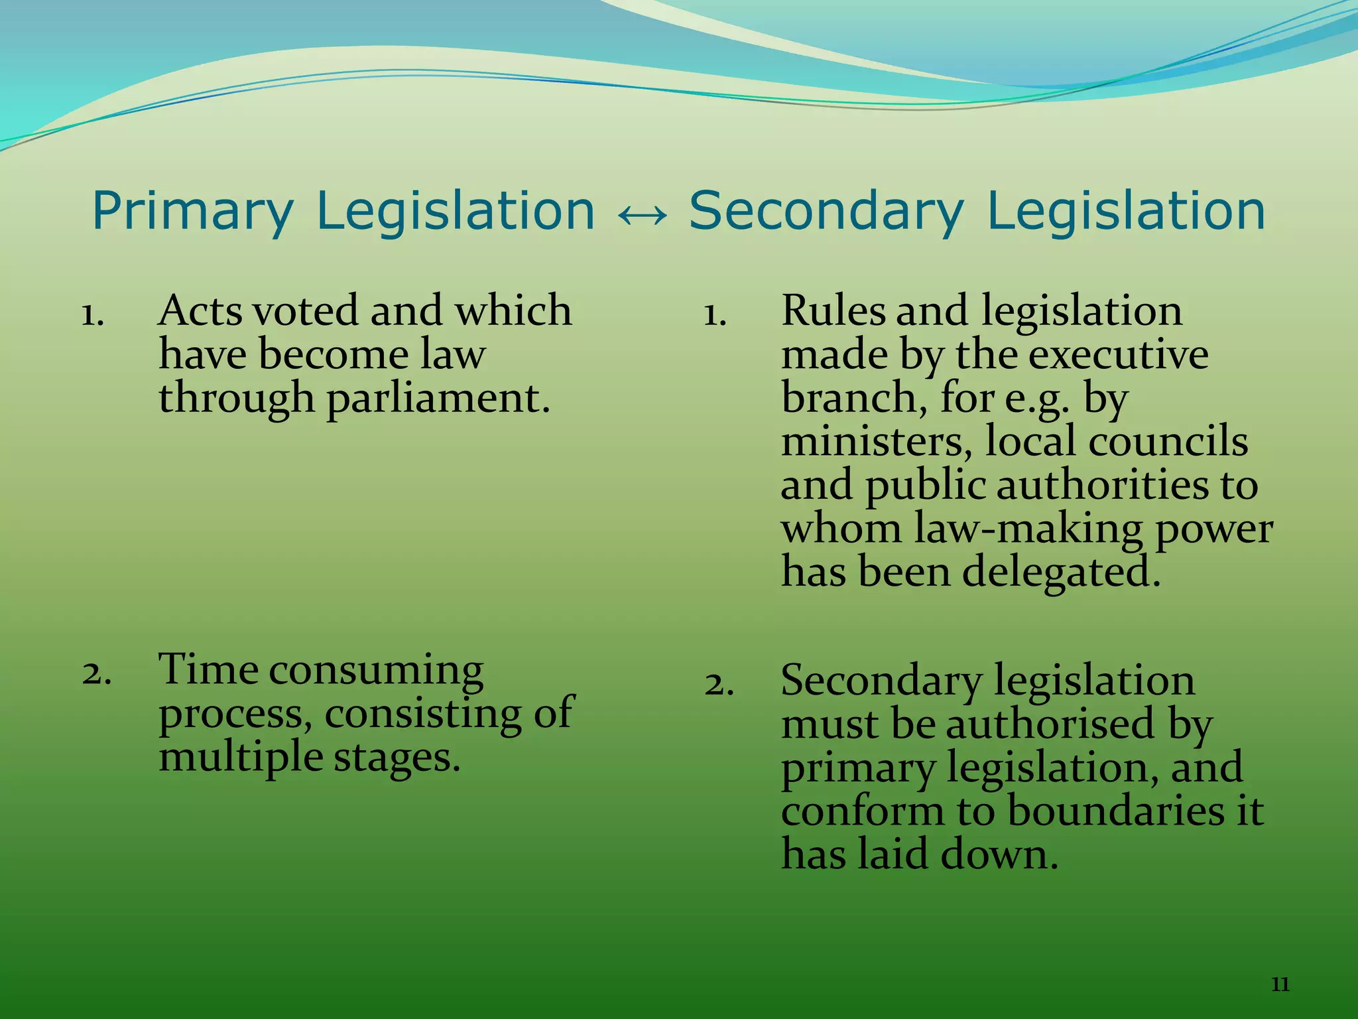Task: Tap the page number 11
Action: click(1280, 984)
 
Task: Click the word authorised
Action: click(1050, 724)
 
